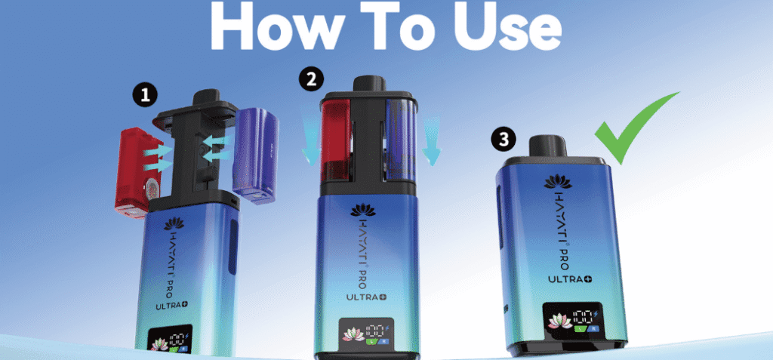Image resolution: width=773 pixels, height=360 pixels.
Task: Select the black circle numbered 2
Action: (x=312, y=80)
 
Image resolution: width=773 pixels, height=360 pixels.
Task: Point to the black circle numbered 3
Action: (x=504, y=140)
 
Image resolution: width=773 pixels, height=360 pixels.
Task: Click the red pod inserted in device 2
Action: (x=335, y=140)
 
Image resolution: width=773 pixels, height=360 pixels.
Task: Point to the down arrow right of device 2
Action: (x=431, y=140)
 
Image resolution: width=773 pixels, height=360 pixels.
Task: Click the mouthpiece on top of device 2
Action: (x=368, y=83)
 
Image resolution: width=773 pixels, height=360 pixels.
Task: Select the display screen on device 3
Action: (x=574, y=319)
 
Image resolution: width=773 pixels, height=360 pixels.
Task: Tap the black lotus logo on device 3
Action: (x=558, y=181)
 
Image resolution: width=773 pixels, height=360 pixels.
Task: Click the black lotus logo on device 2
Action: (x=364, y=210)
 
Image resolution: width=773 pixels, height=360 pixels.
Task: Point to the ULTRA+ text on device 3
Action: (x=570, y=279)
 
